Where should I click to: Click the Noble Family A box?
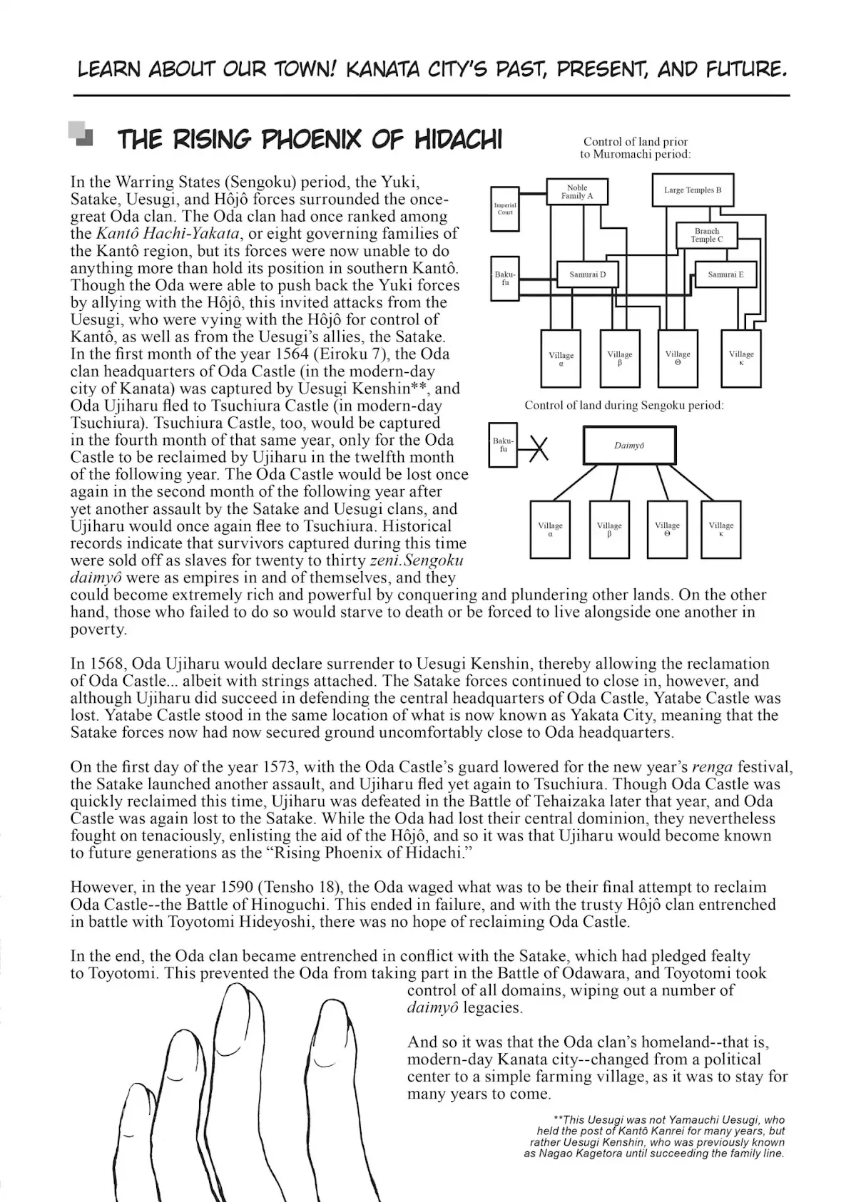577,191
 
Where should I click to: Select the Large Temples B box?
693,190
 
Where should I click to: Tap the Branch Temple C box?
706,235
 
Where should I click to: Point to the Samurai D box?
587,274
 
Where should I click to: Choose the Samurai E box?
725,274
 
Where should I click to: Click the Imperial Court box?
505,209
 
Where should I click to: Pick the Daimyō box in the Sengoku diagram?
630,446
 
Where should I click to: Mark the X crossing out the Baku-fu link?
539,447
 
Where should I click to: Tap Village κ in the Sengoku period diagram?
721,529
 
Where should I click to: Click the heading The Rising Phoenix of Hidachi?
309,140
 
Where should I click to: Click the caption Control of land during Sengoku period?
623,406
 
